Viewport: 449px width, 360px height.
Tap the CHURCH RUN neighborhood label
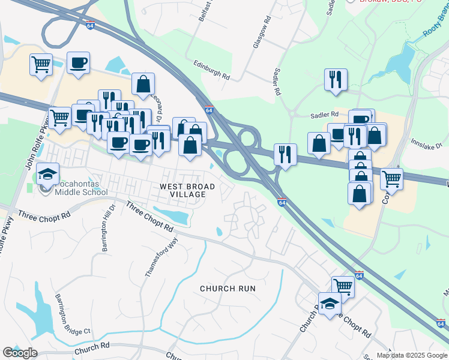pyautogui.click(x=228, y=289)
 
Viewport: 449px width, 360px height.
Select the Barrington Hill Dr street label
pyautogui.click(x=107, y=232)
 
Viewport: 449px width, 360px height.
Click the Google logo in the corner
pyautogui.click(x=19, y=353)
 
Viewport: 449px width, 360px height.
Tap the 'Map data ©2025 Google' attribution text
pyautogui.click(x=412, y=355)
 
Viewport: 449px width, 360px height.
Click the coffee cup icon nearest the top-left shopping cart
pyautogui.click(x=78, y=62)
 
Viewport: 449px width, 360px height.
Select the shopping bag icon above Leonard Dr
pyautogui.click(x=143, y=85)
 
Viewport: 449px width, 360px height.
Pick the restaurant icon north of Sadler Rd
pyautogui.click(x=335, y=79)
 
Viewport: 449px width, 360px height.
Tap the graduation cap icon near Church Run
pyautogui.click(x=329, y=304)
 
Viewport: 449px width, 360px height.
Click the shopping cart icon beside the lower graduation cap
pyautogui.click(x=343, y=286)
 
